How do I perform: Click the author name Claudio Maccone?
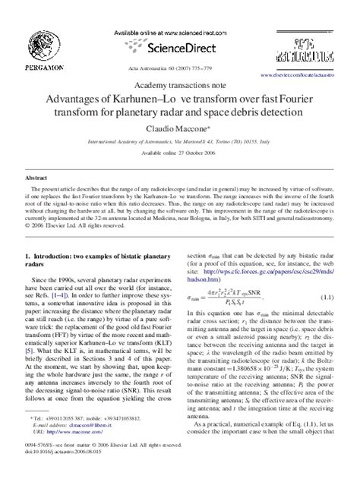(x=178, y=130)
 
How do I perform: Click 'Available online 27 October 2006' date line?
(x=178, y=153)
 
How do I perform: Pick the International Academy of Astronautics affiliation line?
(x=178, y=142)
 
